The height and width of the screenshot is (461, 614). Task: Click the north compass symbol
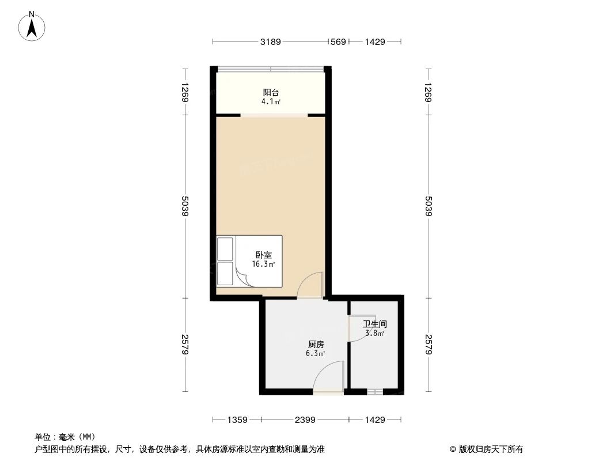pyautogui.click(x=33, y=26)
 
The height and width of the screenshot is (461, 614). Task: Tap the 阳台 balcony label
pyautogui.click(x=271, y=92)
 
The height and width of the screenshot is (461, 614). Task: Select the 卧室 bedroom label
pyautogui.click(x=263, y=255)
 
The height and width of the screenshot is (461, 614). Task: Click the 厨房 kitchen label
pyautogui.click(x=316, y=344)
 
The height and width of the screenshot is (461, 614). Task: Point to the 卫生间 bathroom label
pyautogui.click(x=374, y=324)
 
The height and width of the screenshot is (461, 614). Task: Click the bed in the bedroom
pyautogui.click(x=249, y=260)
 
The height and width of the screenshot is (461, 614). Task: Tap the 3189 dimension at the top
pyautogui.click(x=270, y=41)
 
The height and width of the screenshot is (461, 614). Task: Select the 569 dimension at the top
pyautogui.click(x=339, y=41)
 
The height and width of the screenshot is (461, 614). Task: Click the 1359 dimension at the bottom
pyautogui.click(x=237, y=420)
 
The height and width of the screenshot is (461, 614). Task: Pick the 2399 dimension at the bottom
pyautogui.click(x=305, y=420)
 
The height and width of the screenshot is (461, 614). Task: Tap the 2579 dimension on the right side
pyautogui.click(x=428, y=345)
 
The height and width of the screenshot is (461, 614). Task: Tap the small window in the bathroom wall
pyautogui.click(x=374, y=392)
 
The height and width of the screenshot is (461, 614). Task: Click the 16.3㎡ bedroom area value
pyautogui.click(x=263, y=264)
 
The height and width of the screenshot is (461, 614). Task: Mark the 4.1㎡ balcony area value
pyautogui.click(x=271, y=102)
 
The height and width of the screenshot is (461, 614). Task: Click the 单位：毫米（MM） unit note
pyautogui.click(x=65, y=437)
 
